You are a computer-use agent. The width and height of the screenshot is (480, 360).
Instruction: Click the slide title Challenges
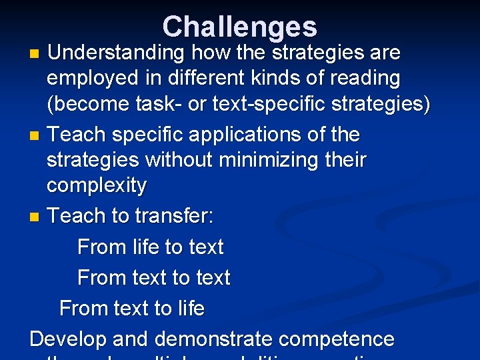[239, 27]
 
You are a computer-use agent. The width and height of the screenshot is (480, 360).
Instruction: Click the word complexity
[97, 186]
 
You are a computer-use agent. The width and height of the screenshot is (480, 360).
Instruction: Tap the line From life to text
[151, 247]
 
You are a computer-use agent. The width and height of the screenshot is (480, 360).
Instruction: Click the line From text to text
[154, 277]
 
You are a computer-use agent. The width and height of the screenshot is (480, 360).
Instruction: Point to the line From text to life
[132, 308]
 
